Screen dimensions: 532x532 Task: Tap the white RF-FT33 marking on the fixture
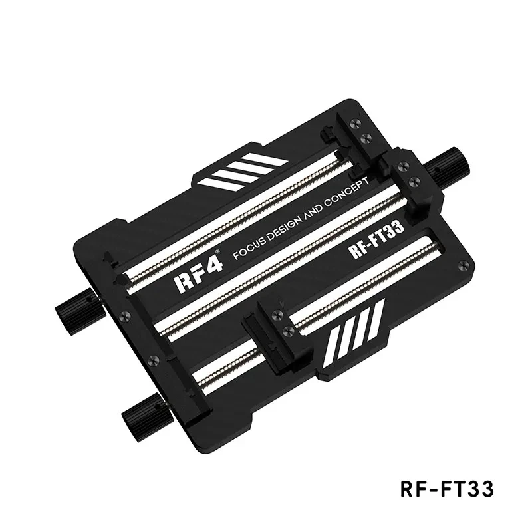click(x=376, y=239)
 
